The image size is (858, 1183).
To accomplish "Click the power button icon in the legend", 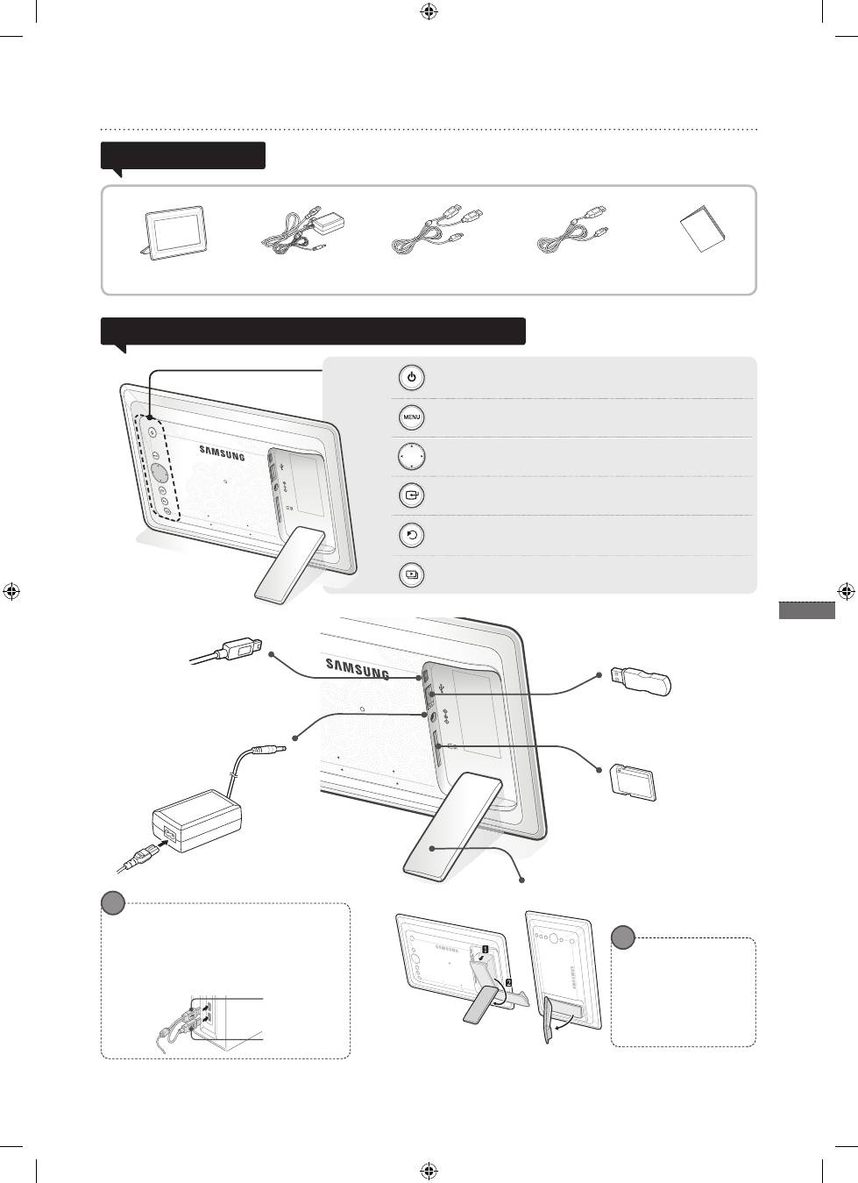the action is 411,378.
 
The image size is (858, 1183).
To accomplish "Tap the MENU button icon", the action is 411,417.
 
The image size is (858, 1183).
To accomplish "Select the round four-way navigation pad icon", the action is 411,456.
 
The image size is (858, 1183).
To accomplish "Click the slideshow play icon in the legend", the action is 411,574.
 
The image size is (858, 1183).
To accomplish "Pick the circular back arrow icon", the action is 411,535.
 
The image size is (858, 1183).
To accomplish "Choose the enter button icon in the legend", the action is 411,495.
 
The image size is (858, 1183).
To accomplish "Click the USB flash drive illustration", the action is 641,681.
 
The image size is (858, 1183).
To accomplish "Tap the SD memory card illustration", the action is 633,783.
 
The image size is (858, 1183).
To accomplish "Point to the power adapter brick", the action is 196,821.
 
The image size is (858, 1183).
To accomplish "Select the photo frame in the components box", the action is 174,233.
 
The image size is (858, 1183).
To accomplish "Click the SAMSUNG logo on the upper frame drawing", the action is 222,453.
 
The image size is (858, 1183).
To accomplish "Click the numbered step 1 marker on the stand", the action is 485,949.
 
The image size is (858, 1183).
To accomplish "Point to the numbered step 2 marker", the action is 508,983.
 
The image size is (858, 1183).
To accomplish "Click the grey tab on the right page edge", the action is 807,610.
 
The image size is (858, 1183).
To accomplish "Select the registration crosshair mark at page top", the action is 429,11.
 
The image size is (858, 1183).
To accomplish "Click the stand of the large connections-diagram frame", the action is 451,825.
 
